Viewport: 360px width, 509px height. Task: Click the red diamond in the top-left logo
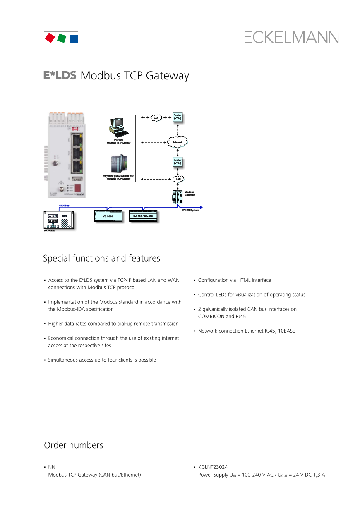[x=50, y=38]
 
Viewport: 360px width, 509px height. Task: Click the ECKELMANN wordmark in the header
[x=291, y=37]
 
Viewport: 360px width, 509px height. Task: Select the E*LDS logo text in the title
[x=60, y=76]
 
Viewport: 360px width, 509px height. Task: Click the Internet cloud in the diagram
[x=178, y=142]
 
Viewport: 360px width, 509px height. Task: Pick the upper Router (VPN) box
[x=178, y=116]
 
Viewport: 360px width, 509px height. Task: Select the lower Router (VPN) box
[x=178, y=162]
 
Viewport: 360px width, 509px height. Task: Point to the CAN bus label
[x=64, y=205]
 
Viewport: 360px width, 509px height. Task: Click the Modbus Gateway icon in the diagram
[x=177, y=196]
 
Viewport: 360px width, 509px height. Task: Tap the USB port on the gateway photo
[x=77, y=179]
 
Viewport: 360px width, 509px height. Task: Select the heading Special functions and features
[x=101, y=259]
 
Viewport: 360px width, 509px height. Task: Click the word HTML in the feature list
[x=244, y=280]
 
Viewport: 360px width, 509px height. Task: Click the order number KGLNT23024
[x=213, y=467]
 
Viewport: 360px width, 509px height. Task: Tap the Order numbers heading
[x=73, y=445]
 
